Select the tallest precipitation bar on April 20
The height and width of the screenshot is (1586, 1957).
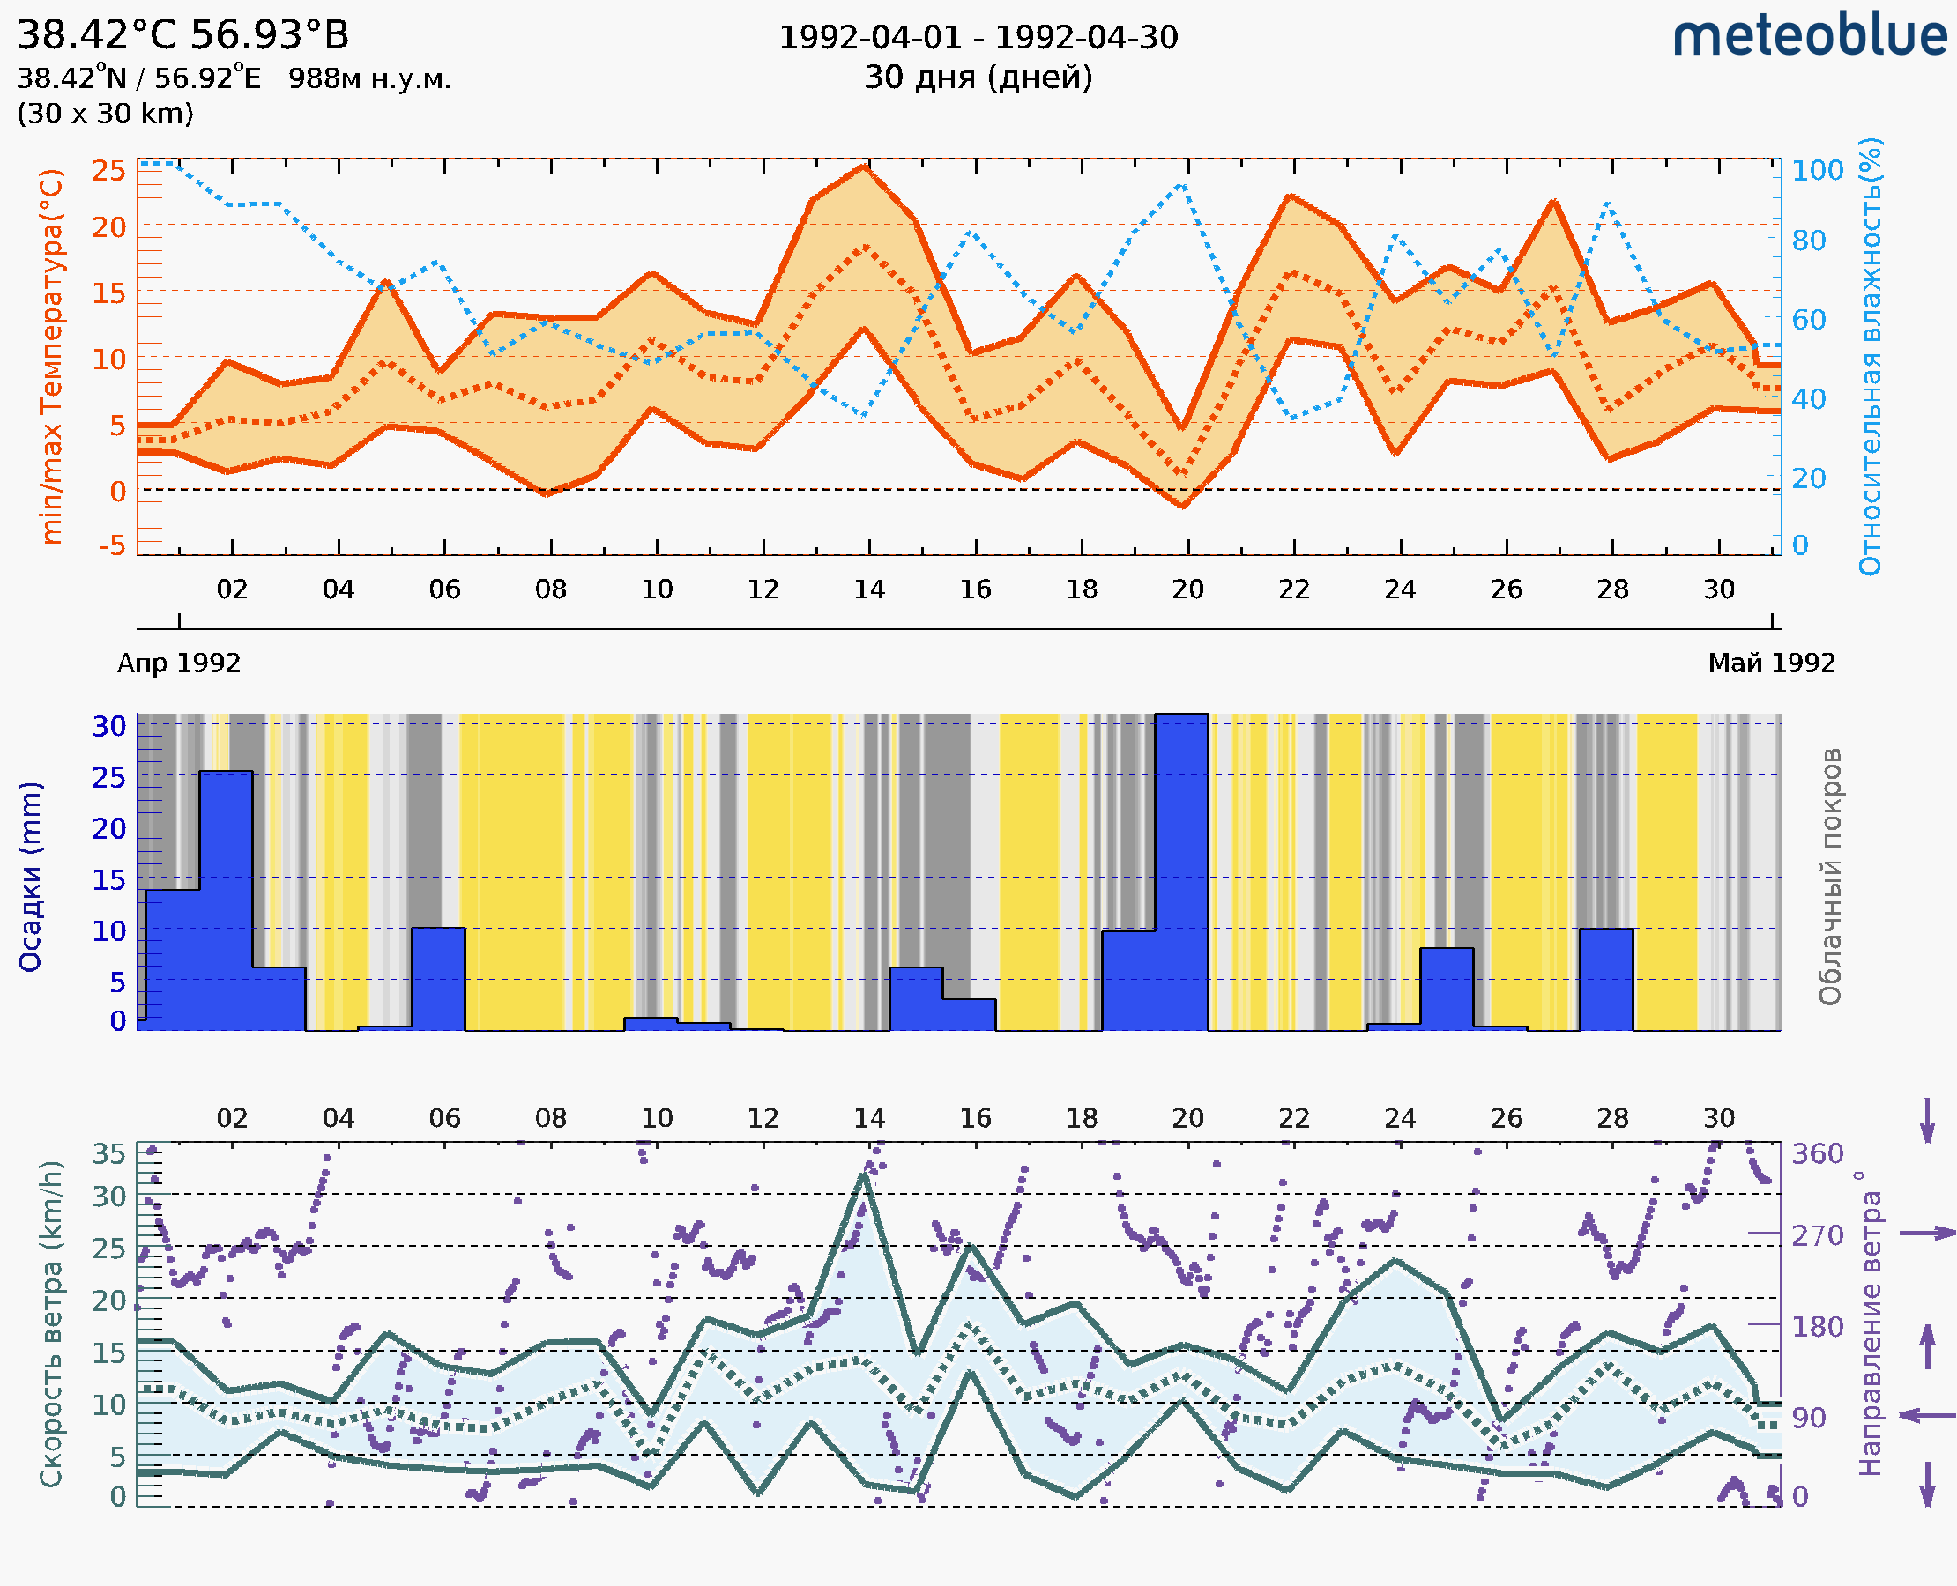tap(1181, 872)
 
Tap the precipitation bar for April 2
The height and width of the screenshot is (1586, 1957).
tap(226, 900)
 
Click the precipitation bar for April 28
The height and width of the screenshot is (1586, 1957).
tap(1606, 980)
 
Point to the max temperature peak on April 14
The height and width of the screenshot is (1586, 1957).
tap(864, 167)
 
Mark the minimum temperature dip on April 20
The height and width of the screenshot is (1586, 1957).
tap(1184, 505)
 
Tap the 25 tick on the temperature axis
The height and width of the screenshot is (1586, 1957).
tap(108, 171)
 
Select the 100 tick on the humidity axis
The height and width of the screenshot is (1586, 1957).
tap(1817, 171)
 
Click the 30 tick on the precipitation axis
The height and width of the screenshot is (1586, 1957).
tap(108, 726)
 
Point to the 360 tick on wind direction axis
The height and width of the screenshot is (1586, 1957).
tap(1817, 1154)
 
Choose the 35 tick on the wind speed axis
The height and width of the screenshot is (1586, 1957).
tap(108, 1154)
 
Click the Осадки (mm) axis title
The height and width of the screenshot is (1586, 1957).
tap(30, 877)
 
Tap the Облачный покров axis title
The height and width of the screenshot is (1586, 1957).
tap(1829, 877)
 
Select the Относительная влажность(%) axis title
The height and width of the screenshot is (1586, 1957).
tap(1870, 356)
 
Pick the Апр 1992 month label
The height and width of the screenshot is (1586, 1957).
tap(179, 663)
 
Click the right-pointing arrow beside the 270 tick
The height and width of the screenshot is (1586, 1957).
tap(1927, 1234)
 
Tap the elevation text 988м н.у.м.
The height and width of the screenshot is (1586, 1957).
tap(370, 78)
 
